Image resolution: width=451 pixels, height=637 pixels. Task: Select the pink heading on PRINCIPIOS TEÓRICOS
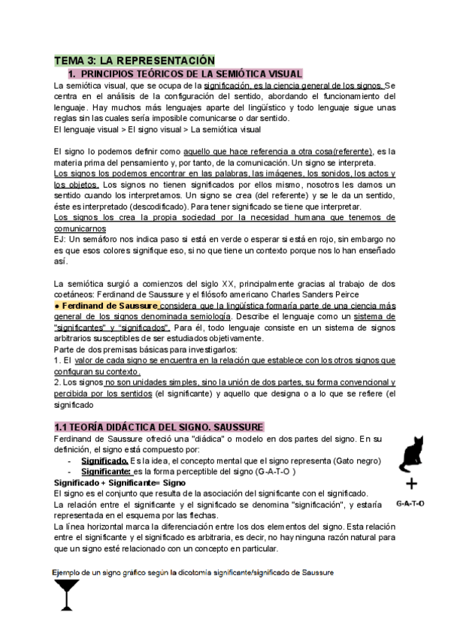pos(185,74)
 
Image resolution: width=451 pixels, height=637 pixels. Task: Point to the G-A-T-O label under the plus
pos(410,503)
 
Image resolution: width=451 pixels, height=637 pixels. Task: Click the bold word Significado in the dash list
pos(104,460)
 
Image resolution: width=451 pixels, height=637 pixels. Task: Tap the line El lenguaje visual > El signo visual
pos(158,129)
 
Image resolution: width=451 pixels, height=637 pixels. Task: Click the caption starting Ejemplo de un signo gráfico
pos(192,572)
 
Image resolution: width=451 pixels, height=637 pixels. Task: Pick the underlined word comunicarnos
pos(80,228)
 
